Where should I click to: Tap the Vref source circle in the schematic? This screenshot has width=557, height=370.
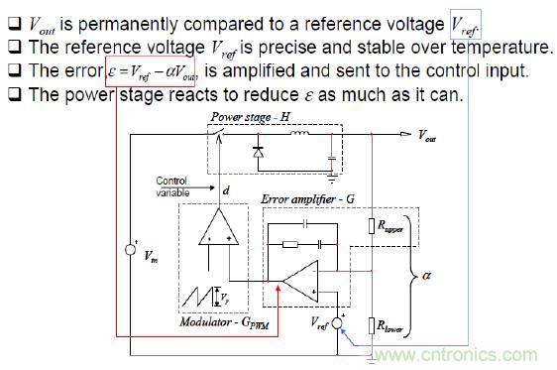pyautogui.click(x=338, y=323)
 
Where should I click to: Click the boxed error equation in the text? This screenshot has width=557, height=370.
pyautogui.click(x=164, y=70)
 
